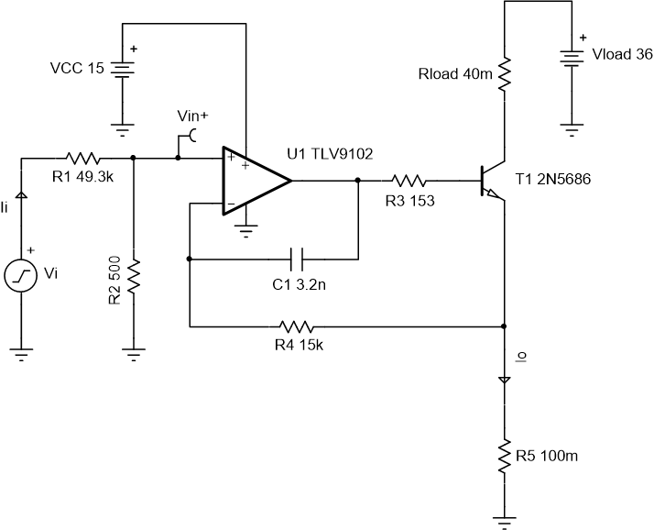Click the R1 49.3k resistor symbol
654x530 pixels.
(82, 158)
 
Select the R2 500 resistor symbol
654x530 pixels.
(134, 275)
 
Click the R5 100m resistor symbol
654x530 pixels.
(504, 455)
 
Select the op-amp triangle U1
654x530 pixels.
(255, 181)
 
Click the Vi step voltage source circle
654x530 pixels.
(21, 275)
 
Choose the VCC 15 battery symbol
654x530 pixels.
(119, 69)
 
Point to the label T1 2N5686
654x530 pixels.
(554, 180)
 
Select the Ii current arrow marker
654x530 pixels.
(21, 194)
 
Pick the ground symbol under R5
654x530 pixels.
(504, 522)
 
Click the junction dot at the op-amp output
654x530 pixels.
(357, 181)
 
